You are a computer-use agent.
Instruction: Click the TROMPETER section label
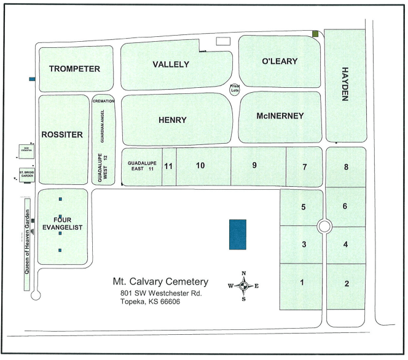74,69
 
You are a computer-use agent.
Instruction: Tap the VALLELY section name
171,65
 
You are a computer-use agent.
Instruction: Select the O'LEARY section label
280,61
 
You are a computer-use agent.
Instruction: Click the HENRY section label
172,120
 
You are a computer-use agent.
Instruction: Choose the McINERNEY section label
280,115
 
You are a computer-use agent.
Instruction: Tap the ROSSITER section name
61,135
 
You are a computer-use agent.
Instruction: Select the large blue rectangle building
237,234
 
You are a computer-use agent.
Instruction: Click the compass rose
243,286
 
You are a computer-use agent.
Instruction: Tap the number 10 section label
200,165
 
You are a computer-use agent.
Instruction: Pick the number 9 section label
254,165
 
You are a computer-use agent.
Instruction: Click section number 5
304,206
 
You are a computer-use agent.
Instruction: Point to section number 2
347,283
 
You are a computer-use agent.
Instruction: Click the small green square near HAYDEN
315,34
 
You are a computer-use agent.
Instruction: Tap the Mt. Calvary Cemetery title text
160,282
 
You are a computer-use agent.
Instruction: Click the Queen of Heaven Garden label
27,244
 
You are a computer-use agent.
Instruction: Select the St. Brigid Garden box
26,174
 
